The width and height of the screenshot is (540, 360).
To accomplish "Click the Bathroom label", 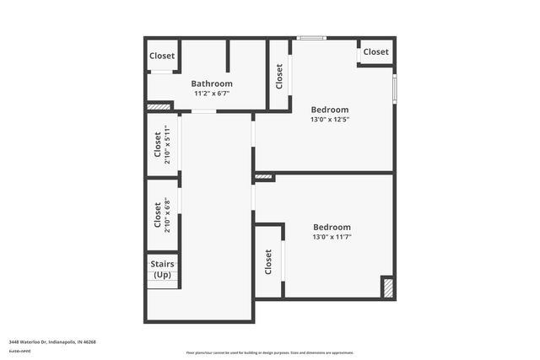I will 211,83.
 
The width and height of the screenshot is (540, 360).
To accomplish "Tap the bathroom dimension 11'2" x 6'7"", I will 211,94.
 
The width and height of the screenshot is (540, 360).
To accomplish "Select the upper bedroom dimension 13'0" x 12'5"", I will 329,120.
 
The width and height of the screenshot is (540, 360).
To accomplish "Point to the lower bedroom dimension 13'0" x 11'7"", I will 331,238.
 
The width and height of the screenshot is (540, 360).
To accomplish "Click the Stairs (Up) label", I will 162,270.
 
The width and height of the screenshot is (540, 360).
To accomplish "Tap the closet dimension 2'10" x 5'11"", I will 168,143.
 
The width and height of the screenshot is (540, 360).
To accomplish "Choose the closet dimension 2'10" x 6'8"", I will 168,216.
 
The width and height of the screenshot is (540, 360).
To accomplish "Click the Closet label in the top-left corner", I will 162,56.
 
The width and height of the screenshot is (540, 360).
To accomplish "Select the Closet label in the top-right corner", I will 375,51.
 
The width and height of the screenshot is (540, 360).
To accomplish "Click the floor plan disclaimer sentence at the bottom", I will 269,352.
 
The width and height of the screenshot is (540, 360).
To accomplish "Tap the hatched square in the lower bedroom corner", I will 387,287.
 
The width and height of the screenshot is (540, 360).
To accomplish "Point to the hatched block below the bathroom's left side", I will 158,107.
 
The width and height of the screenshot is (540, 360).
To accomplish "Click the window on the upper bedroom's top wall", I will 312,38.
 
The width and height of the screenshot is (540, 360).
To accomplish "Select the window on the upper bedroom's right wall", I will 394,89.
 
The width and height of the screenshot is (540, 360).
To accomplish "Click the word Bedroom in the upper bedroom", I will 329,110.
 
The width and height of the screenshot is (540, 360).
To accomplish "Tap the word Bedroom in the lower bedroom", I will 331,227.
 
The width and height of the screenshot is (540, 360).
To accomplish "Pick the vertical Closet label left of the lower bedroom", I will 268,262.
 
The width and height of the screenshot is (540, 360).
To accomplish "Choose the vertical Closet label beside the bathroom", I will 279,77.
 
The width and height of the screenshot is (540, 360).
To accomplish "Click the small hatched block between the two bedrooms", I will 263,177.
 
